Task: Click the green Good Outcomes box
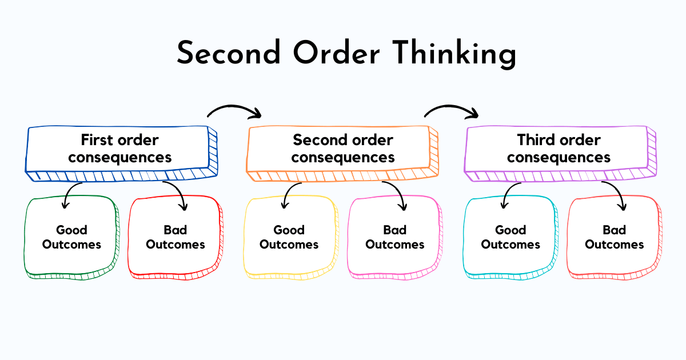(71, 237)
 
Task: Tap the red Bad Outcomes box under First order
(174, 237)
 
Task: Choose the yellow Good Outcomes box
(289, 237)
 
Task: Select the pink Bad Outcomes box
(394, 237)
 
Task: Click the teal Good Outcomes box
(510, 237)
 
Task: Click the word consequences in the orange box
(343, 157)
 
